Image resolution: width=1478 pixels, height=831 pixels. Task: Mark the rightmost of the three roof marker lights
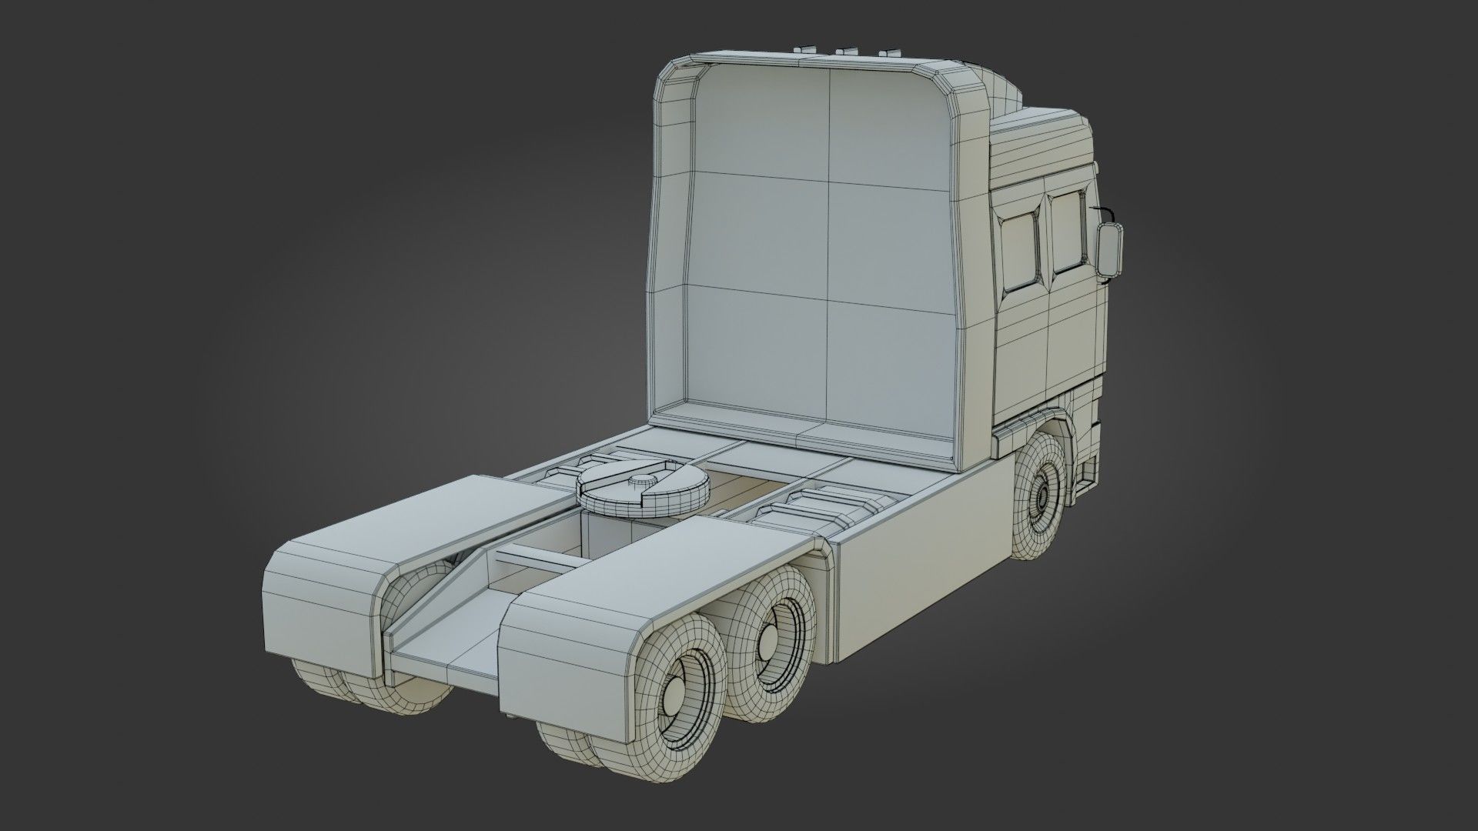(x=890, y=52)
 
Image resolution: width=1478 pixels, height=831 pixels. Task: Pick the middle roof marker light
(x=847, y=52)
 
